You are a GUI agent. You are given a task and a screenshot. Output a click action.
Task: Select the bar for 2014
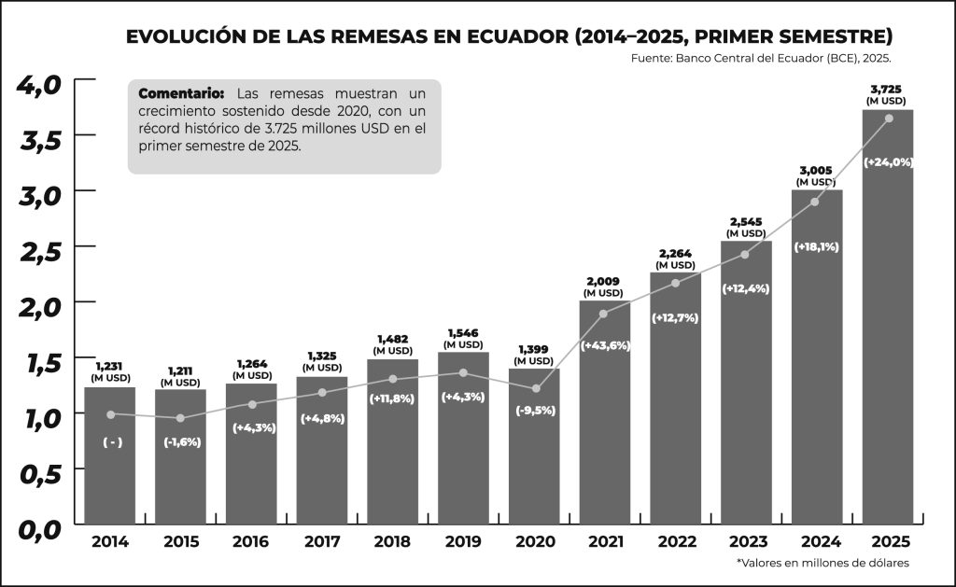tap(110, 467)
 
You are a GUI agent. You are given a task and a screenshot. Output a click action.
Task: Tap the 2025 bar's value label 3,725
tap(886, 90)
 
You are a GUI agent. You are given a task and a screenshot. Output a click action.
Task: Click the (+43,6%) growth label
tap(605, 345)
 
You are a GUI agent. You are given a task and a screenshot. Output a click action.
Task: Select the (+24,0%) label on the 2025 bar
tap(887, 161)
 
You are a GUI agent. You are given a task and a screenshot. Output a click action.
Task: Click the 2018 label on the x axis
tap(392, 542)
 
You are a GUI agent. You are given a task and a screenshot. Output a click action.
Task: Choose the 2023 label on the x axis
tap(745, 542)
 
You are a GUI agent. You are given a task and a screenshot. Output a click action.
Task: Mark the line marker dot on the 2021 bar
tap(604, 314)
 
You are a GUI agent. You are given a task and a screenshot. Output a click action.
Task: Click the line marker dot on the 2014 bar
tap(110, 414)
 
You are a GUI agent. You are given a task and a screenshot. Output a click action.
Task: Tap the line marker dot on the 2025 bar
tap(888, 118)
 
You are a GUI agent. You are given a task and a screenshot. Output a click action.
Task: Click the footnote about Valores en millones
tap(822, 563)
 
